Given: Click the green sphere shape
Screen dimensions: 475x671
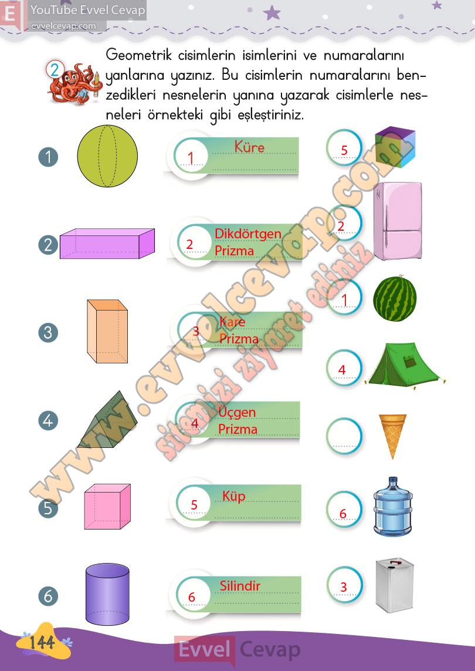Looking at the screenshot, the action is click(x=107, y=156).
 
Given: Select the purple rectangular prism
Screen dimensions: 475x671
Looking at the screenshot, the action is click(x=107, y=244).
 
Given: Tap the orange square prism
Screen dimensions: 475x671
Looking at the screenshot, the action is click(x=107, y=332).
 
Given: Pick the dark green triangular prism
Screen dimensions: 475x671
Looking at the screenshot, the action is click(x=108, y=419).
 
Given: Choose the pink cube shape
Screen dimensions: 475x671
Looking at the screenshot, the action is click(x=107, y=507).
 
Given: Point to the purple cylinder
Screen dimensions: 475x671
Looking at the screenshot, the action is click(x=107, y=594).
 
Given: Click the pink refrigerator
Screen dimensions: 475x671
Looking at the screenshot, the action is click(x=398, y=221).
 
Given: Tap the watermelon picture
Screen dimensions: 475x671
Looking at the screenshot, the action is click(x=395, y=298).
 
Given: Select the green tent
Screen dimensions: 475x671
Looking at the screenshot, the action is click(x=404, y=364).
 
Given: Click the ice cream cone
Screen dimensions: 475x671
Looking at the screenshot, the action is click(x=392, y=436).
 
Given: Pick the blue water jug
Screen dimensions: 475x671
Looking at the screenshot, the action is click(x=392, y=507).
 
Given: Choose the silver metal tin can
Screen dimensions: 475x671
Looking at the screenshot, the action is click(x=394, y=585).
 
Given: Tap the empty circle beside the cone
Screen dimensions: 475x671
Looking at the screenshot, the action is click(x=344, y=436).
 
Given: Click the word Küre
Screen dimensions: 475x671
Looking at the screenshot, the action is click(x=249, y=147).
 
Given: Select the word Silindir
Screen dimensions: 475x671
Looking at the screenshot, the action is click(x=240, y=585).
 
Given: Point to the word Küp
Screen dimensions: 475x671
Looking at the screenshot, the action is click(x=234, y=497).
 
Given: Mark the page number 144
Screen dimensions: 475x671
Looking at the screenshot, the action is click(x=42, y=642).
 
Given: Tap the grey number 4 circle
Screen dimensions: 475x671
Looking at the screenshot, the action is click(x=48, y=420).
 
